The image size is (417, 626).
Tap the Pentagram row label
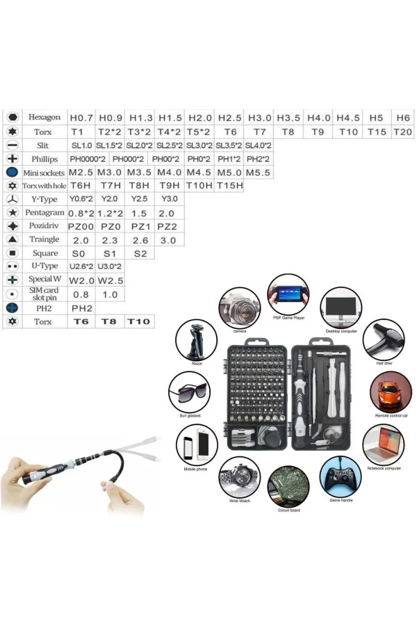coord(44,212)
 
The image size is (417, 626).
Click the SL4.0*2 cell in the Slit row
coord(258,145)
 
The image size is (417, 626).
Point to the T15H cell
coord(229,185)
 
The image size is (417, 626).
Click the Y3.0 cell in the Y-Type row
coord(170,199)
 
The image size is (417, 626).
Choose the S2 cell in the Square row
coord(140,253)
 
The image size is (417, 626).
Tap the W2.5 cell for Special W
coord(110,280)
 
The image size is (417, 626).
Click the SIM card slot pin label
coord(44,294)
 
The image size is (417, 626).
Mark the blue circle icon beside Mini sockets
coord(12,172)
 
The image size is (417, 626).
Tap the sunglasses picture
coord(190,393)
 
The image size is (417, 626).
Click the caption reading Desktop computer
coord(340,331)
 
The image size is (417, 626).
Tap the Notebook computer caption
coord(383,468)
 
